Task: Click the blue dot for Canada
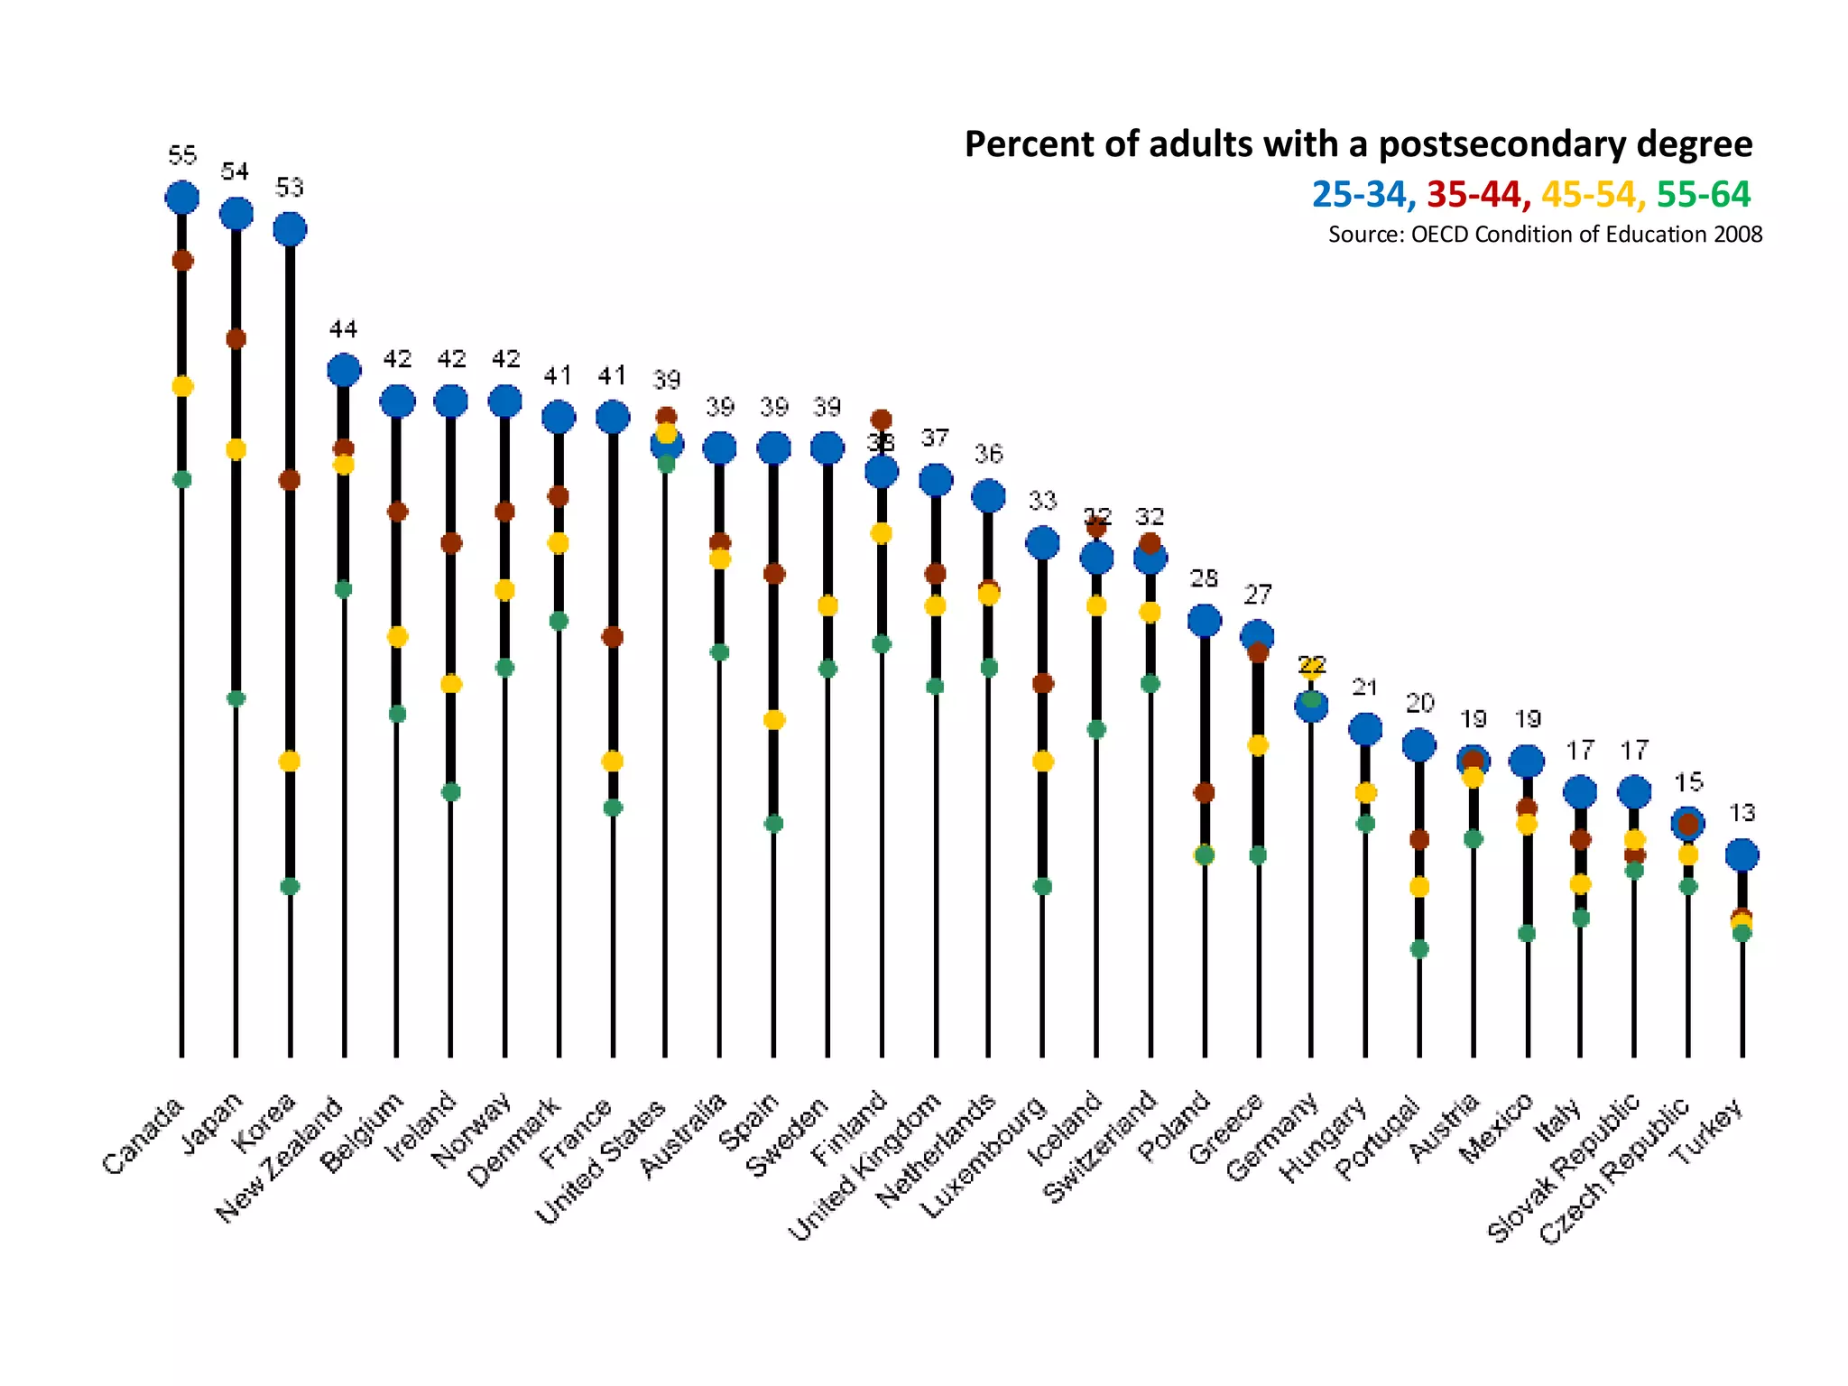pos(182,197)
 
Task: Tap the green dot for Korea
pos(290,886)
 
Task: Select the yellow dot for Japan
pos(236,449)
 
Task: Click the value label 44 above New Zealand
pos(344,328)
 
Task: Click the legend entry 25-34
pos(1359,194)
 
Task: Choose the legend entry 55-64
pos(1704,194)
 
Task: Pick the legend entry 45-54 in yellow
pos(1588,194)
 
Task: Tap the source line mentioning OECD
pos(1545,235)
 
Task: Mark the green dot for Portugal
pos(1419,948)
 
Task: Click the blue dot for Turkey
pos(1742,855)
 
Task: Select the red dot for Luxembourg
pos(1042,683)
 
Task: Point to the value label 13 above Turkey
pos(1742,813)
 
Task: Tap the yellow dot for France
pos(613,762)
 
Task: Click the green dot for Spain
pos(773,823)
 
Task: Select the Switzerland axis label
pos(1102,1146)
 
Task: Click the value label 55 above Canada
pos(182,155)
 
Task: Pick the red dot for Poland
pos(1204,792)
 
